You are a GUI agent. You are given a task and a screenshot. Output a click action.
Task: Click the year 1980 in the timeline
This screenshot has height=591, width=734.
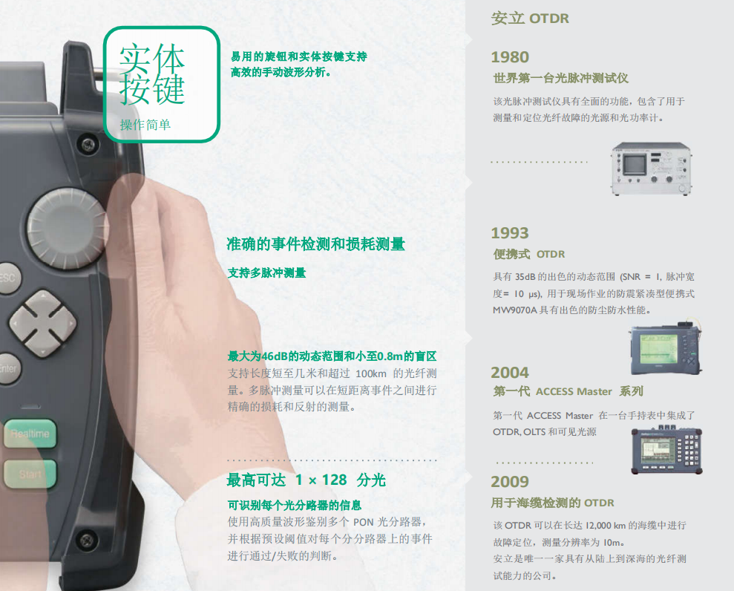510,57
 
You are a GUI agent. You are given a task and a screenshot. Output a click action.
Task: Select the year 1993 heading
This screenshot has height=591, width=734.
510,232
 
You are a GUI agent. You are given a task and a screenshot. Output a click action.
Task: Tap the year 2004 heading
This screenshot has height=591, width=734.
510,372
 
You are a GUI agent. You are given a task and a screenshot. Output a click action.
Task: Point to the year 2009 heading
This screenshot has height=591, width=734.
510,481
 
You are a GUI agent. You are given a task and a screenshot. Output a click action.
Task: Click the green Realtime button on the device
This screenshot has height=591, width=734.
30,433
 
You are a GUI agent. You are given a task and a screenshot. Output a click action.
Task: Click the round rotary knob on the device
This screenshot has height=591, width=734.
67,229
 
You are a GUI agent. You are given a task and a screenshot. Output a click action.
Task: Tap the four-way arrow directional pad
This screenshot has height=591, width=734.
42,323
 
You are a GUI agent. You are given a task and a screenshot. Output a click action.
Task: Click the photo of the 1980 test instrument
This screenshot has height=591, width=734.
651,169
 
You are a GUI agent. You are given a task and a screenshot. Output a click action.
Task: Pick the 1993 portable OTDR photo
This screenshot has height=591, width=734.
665,348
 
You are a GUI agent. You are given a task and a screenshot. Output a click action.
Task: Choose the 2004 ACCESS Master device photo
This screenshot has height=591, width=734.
666,450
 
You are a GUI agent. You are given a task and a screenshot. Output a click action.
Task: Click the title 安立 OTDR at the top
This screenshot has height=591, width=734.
530,19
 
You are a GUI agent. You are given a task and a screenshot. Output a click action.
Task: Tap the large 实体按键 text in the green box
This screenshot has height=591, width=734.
152,74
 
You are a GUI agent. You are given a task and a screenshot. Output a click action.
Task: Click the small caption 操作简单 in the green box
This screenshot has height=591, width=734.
145,125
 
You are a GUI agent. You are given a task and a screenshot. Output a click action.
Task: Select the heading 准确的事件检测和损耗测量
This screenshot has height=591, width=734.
316,244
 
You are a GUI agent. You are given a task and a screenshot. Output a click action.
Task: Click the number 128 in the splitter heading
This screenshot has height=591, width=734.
334,480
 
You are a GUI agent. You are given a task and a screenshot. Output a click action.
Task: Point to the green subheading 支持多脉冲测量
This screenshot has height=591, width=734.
267,272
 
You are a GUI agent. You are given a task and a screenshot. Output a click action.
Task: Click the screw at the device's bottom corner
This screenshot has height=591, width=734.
87,539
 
